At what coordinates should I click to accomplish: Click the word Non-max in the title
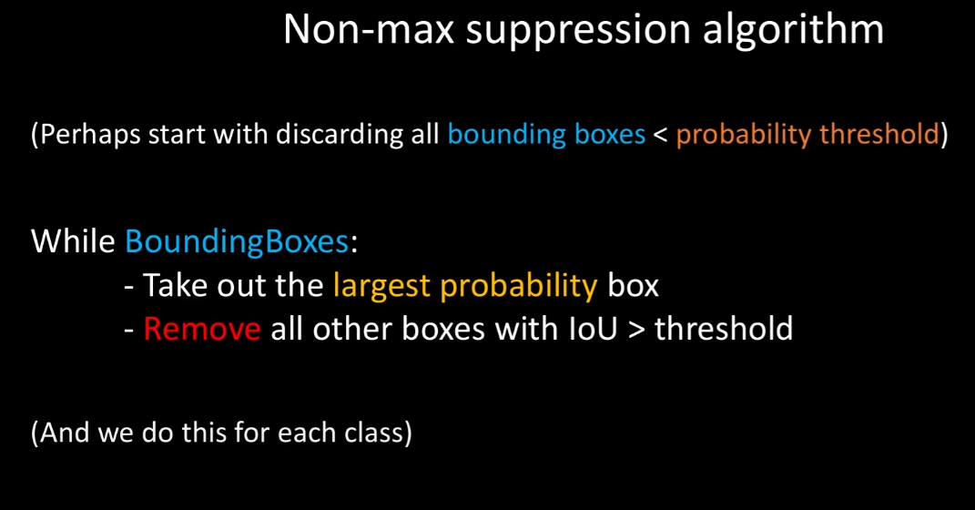point(369,30)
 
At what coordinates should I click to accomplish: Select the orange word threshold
point(879,134)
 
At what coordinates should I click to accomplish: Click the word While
point(73,240)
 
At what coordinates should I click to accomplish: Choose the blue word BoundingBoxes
point(237,242)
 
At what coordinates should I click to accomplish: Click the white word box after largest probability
point(633,285)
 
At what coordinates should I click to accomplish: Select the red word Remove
point(202,329)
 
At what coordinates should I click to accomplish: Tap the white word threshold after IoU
point(724,328)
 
